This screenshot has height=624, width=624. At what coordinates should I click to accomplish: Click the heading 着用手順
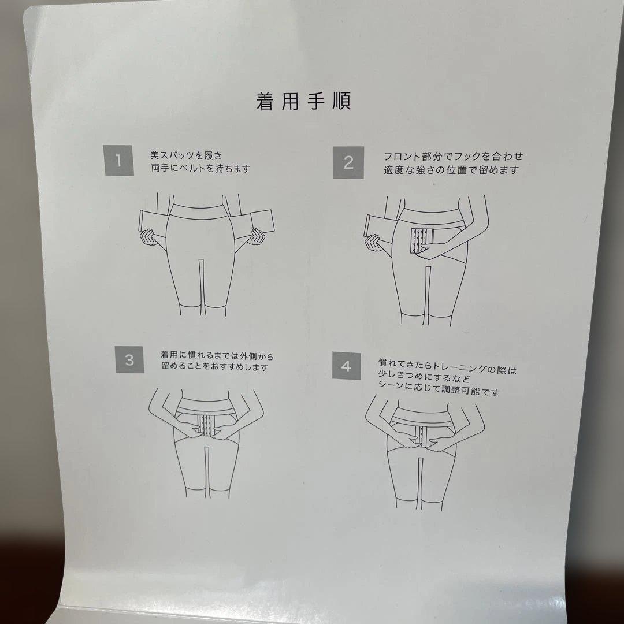(304, 101)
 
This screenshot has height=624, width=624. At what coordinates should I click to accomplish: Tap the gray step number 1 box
(118, 160)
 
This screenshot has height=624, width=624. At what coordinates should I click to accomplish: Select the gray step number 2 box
(348, 162)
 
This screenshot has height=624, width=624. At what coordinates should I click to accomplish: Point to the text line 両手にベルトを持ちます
(200, 169)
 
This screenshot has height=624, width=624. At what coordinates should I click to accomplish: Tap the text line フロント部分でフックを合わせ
(454, 156)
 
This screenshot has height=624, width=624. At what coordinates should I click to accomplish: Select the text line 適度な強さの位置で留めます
(451, 170)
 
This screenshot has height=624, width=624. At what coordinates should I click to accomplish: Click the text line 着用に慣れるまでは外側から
(217, 355)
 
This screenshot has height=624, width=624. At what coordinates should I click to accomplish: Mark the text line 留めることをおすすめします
(214, 367)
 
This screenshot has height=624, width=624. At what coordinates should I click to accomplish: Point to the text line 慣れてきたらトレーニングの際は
(447, 365)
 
